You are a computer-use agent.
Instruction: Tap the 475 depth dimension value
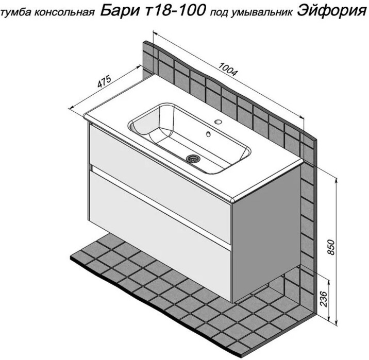(x=104, y=81)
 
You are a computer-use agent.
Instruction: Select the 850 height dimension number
(x=331, y=247)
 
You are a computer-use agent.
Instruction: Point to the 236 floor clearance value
(x=324, y=299)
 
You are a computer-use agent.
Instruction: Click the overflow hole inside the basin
(x=209, y=134)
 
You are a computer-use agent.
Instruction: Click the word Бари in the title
(x=120, y=11)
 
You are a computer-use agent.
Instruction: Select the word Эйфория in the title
(x=331, y=11)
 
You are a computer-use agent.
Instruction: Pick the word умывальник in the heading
(x=262, y=13)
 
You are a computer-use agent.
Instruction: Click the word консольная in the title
(x=64, y=13)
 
